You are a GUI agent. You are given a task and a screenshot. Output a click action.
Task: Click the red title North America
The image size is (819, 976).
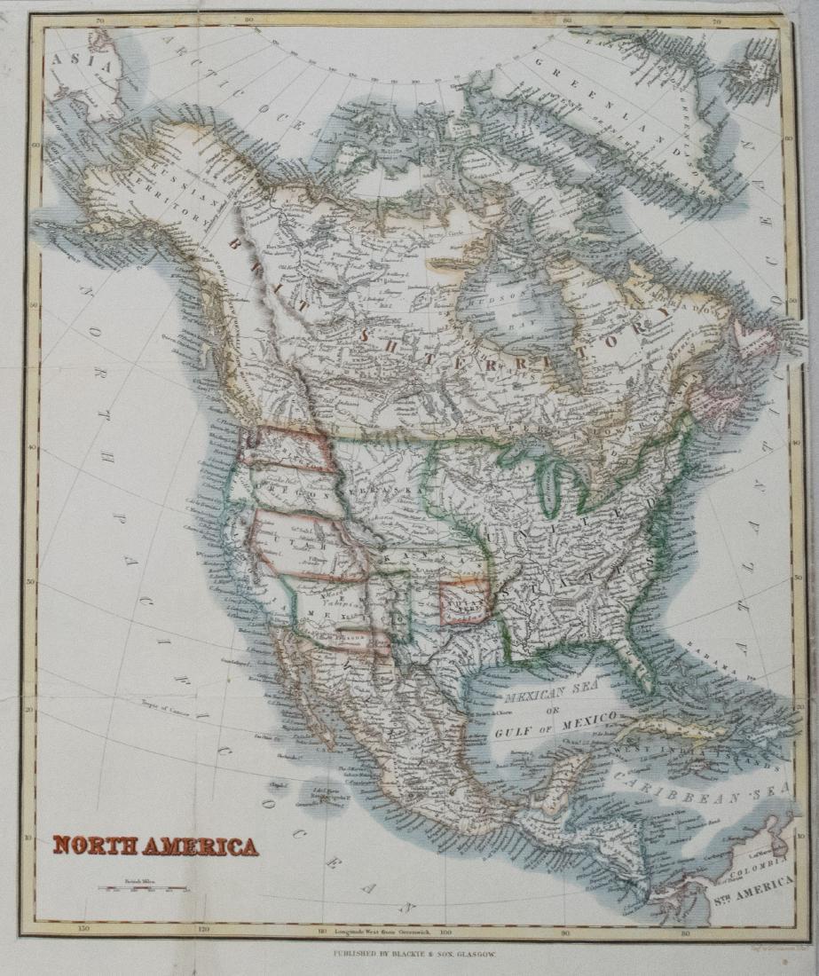point(155,846)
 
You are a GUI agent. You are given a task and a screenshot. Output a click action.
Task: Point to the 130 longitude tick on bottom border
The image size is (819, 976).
point(84,931)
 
